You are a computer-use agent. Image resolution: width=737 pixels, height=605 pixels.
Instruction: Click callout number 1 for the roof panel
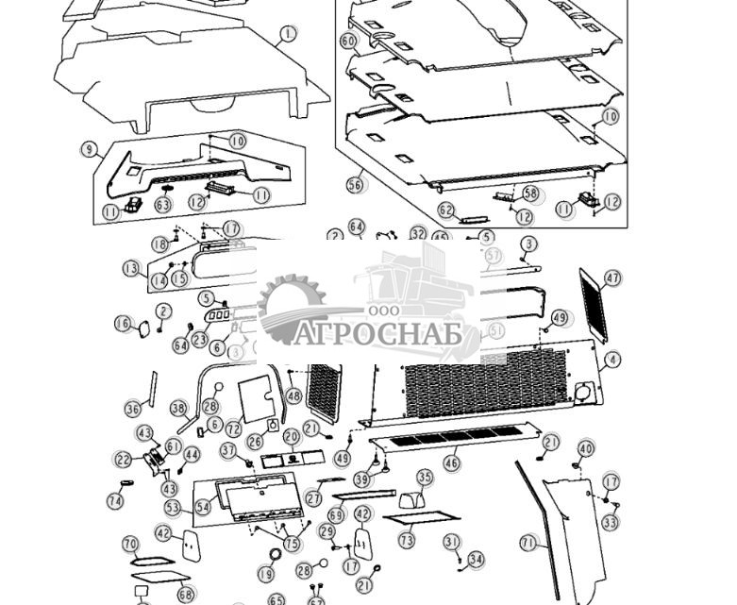click(287, 35)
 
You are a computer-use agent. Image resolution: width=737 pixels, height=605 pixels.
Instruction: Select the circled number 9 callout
click(90, 150)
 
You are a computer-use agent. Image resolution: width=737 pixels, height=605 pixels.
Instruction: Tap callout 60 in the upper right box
click(348, 42)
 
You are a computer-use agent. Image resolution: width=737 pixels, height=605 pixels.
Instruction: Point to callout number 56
click(355, 185)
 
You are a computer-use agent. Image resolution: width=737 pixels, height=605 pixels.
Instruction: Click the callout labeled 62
click(446, 210)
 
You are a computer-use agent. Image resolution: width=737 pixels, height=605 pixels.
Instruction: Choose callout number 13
click(130, 268)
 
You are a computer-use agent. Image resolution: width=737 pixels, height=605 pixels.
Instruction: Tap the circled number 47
click(613, 278)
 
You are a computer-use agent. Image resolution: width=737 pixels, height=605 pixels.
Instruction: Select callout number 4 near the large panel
click(613, 360)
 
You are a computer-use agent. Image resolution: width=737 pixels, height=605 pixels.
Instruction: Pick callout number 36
click(133, 409)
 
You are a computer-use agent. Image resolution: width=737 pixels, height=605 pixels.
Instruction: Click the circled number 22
click(124, 460)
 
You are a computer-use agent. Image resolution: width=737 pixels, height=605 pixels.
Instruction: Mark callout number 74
click(115, 502)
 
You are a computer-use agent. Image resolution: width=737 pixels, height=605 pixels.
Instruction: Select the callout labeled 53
click(173, 507)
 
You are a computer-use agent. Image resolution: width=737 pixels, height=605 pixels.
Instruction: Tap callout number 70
click(131, 544)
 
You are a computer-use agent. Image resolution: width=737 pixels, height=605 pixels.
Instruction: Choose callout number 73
click(407, 540)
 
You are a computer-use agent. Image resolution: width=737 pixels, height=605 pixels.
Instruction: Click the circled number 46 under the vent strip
click(452, 462)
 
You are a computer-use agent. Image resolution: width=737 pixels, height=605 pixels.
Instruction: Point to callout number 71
click(528, 543)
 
